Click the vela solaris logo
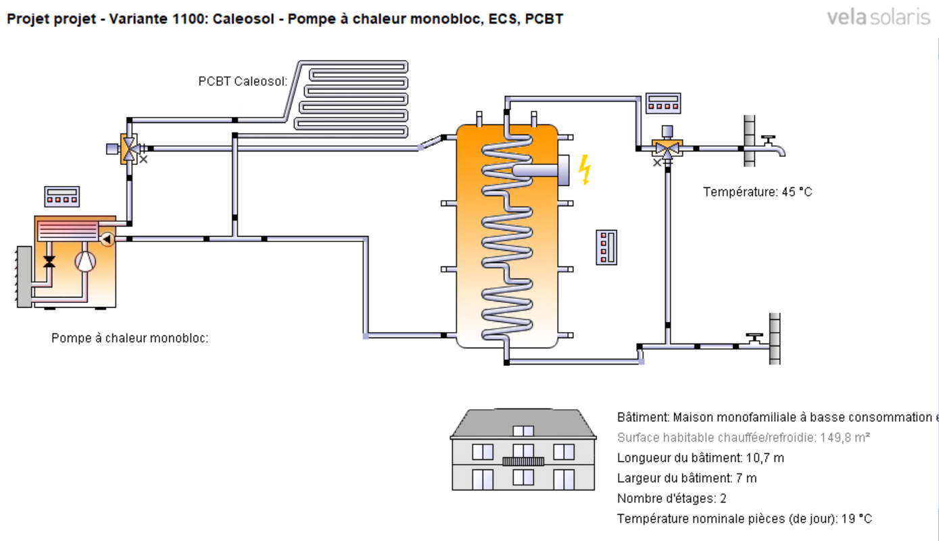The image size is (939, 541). [878, 18]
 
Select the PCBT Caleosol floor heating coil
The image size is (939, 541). [353, 95]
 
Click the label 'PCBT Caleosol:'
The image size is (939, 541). [243, 82]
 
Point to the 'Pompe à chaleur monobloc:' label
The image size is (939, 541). [130, 338]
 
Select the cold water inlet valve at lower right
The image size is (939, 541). [754, 340]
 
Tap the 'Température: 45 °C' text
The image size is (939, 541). [757, 192]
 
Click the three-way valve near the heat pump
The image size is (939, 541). [128, 148]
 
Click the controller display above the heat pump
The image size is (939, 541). [62, 197]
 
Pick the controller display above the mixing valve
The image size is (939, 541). [663, 103]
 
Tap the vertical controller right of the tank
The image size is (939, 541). [606, 247]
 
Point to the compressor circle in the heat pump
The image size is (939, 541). [86, 261]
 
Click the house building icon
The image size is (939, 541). [523, 449]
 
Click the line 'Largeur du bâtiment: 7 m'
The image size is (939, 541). [687, 479]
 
